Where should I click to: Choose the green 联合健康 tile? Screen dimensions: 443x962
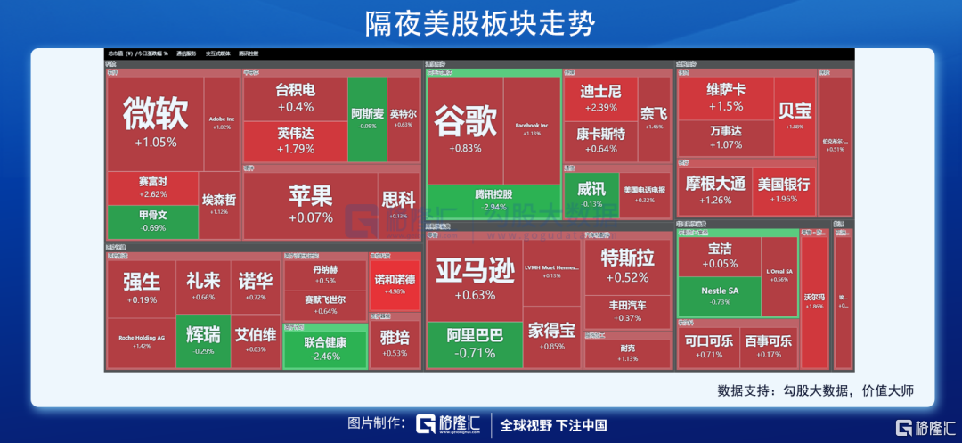pyautogui.click(x=324, y=347)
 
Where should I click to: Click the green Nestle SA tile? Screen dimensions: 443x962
pyautogui.click(x=720, y=295)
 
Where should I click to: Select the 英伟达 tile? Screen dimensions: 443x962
pyautogui.click(x=295, y=140)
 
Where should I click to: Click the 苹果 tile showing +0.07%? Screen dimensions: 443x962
pyautogui.click(x=310, y=204)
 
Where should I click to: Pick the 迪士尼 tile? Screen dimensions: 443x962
pyautogui.click(x=599, y=98)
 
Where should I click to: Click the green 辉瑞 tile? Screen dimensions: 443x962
pyautogui.click(x=203, y=341)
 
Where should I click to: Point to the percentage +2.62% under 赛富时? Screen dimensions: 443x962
pyautogui.click(x=153, y=194)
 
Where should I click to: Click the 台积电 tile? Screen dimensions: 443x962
pyautogui.click(x=295, y=98)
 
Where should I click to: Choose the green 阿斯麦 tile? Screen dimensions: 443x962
pyautogui.click(x=367, y=119)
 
